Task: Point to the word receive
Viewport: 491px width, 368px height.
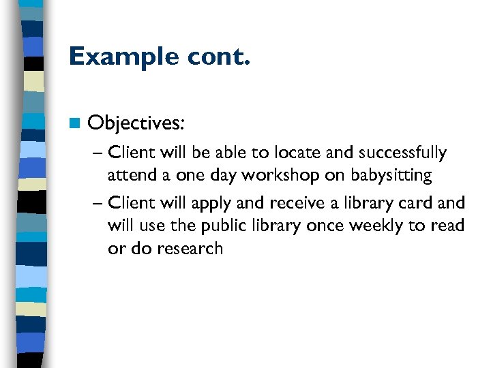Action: [x=299, y=203]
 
